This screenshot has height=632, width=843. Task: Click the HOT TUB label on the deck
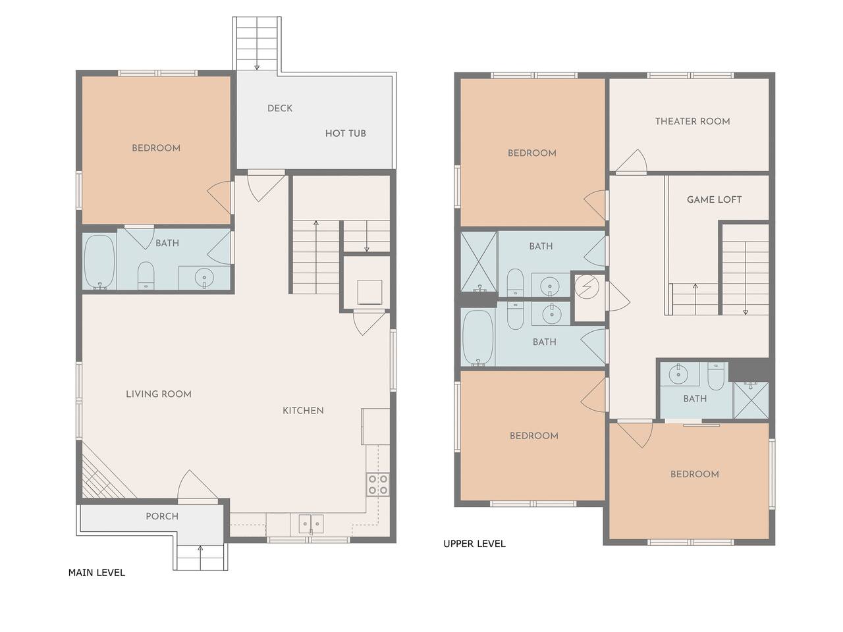[x=345, y=134]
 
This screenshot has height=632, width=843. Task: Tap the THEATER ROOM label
[x=692, y=121]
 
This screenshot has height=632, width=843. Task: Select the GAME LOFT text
[x=714, y=199]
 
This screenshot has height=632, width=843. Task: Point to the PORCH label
[x=162, y=516]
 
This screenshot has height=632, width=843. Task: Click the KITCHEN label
[x=303, y=411]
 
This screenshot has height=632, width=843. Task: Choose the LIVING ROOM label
[x=159, y=394]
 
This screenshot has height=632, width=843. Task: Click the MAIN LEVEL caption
[x=97, y=573]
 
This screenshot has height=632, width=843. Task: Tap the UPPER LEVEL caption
[x=474, y=544]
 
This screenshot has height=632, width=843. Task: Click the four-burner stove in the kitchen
[x=378, y=485]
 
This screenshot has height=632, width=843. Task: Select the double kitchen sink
[x=311, y=524]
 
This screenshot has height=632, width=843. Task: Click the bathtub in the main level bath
[x=99, y=262]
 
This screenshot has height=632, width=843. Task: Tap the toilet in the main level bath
[x=146, y=276]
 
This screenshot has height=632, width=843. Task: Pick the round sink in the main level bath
[x=204, y=276]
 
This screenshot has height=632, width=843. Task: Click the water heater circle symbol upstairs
[x=586, y=286]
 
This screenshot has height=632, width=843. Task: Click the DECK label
[x=280, y=108]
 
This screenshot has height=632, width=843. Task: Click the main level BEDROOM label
[x=156, y=148]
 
